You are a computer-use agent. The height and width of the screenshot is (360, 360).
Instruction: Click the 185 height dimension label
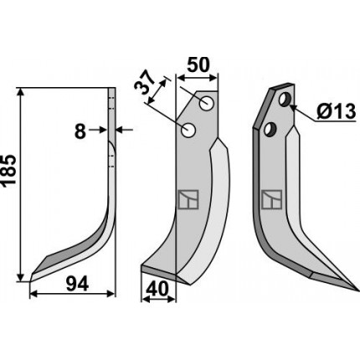coord(8,170)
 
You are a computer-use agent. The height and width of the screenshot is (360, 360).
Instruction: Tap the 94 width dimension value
coord(77,284)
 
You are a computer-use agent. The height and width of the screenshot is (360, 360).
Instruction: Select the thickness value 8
coord(80,131)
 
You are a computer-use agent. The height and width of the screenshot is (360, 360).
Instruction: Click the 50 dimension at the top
coord(198,65)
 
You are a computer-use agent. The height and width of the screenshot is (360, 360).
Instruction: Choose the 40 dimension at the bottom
coord(157,289)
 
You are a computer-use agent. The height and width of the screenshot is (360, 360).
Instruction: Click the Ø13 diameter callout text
coord(337,111)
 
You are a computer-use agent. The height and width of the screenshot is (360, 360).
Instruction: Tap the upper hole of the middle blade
coord(207,103)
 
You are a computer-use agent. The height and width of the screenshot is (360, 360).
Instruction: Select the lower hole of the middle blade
coord(188,130)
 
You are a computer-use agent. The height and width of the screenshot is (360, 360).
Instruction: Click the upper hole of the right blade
coord(285,100)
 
